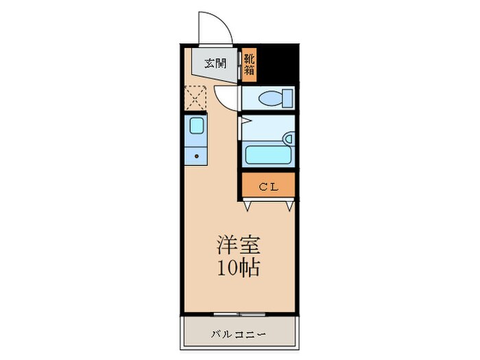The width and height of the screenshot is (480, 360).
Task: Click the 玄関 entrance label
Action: point(216,64)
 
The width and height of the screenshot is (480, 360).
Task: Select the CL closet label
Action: point(267,186)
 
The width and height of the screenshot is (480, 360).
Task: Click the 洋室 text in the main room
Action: point(239,245)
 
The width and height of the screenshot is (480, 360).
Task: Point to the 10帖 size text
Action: point(239,267)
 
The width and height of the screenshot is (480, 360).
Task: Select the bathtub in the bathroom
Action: point(268,154)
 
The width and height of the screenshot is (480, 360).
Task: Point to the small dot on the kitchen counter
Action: point(196,156)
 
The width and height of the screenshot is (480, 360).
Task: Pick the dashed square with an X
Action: point(196,97)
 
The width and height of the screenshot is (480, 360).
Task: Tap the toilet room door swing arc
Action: point(226,96)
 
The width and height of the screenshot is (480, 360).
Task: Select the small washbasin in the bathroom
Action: point(289,139)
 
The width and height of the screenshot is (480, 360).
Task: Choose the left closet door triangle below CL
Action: point(247,204)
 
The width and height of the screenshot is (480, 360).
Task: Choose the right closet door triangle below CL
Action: point(289,204)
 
